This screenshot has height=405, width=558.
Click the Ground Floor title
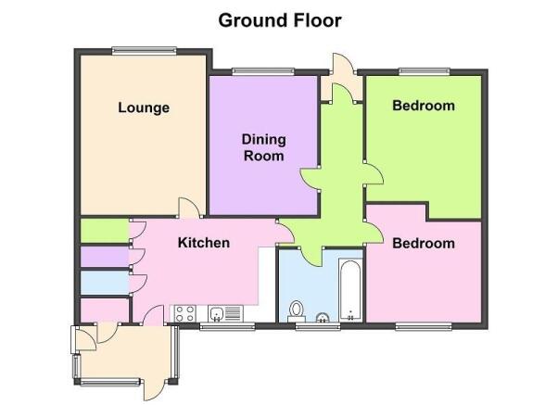(280, 20)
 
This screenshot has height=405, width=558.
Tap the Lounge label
(144, 108)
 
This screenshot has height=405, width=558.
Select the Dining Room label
(263, 147)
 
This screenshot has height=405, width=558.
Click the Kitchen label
(204, 243)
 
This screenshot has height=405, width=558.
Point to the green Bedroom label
(424, 106)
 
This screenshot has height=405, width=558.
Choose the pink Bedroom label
(424, 244)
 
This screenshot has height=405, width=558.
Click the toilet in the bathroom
(296, 310)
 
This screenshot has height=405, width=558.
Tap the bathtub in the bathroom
(350, 290)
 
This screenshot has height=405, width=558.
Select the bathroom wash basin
(323, 318)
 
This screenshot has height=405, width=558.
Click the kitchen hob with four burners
(185, 313)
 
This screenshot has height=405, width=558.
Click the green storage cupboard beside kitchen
(105, 231)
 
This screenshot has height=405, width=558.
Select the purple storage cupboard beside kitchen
(105, 257)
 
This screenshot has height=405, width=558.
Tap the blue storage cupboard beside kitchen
(105, 283)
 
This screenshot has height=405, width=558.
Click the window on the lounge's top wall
(144, 51)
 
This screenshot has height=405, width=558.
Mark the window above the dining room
(263, 71)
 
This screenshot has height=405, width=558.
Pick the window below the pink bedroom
(424, 326)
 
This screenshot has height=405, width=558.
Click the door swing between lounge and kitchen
(190, 208)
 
